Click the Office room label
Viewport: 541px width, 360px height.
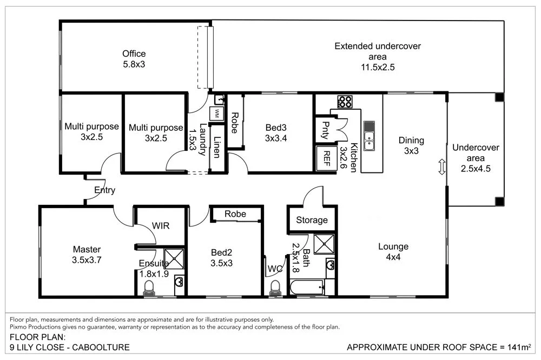134,54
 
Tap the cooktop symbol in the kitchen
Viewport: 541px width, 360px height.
345,102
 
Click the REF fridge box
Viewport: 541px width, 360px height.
327,158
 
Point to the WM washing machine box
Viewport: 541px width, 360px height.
217,114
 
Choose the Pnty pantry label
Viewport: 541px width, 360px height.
325,130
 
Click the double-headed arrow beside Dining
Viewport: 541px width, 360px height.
441,166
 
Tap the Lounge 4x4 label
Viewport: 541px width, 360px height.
393,252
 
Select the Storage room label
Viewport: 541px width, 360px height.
312,220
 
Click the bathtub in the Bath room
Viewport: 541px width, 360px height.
307,287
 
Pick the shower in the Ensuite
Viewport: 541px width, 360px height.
174,259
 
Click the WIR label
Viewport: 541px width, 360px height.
161,226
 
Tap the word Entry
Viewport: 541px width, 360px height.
104,190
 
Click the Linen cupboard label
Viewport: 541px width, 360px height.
216,148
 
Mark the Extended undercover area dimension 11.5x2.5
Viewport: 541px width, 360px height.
377,68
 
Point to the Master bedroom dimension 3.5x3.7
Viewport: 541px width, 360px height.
87,259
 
